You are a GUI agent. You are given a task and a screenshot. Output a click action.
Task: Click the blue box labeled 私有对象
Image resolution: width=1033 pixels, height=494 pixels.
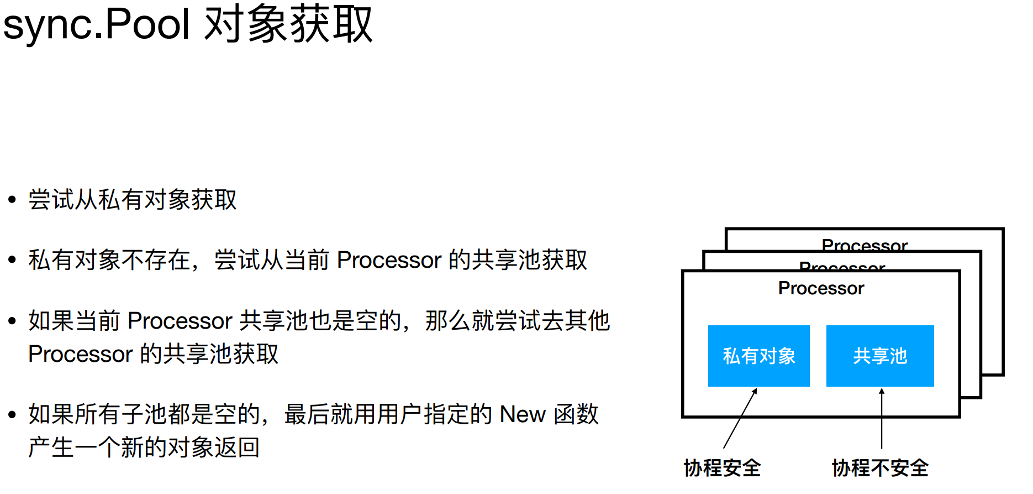pos(758,356)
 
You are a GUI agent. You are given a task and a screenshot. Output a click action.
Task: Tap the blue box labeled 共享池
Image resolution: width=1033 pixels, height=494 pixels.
pos(880,356)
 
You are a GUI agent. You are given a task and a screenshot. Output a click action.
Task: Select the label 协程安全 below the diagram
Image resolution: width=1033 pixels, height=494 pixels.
pos(722,468)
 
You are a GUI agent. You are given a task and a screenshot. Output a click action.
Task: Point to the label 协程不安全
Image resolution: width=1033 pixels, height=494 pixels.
pos(880,468)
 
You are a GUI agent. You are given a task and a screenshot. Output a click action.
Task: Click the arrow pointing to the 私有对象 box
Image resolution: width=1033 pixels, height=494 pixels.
pos(740,418)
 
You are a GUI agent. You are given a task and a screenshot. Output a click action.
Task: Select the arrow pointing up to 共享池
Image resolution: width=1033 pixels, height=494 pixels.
pos(882,418)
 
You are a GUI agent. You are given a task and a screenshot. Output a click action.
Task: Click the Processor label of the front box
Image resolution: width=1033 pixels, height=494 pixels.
pos(821,288)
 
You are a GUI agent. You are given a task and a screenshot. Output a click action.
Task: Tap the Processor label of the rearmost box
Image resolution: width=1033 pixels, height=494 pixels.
pos(865,245)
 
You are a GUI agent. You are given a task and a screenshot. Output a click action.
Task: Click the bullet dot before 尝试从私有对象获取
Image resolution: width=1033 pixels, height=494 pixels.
pos(12,200)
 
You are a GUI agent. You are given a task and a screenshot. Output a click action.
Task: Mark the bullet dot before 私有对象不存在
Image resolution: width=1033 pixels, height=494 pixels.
pos(12,260)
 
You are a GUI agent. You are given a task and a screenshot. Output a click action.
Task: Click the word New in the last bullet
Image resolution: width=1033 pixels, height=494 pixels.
pos(522,414)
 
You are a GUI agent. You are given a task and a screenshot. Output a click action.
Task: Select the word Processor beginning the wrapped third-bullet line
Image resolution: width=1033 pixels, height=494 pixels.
pos(81,354)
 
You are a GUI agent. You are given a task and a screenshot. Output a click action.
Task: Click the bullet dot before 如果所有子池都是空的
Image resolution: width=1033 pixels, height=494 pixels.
pos(12,414)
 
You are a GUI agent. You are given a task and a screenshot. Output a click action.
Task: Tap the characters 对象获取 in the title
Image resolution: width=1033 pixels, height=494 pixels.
pos(288,24)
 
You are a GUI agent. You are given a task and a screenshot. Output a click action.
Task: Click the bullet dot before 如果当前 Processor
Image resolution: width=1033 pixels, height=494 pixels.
pos(12,321)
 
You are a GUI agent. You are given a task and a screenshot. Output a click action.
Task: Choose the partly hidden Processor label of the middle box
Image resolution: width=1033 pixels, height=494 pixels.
pos(842,267)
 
